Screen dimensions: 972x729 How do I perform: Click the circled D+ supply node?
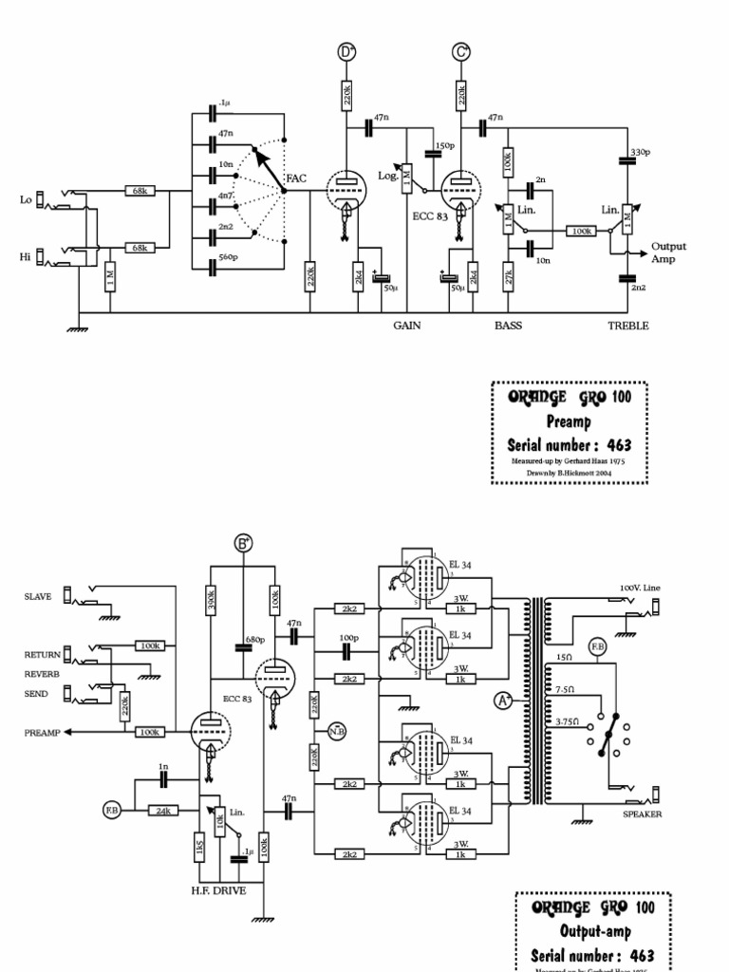click(346, 53)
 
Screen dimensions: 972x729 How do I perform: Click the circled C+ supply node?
click(461, 53)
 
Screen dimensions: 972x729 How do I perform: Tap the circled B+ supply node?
click(244, 543)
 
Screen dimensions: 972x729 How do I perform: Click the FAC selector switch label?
click(296, 178)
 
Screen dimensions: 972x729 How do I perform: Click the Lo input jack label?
click(26, 199)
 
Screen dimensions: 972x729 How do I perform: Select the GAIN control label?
click(407, 326)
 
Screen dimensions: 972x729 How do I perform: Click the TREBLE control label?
click(627, 326)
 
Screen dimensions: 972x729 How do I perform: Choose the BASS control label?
click(508, 326)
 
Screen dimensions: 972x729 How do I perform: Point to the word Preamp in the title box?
click(569, 420)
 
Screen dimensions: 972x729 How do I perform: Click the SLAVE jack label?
click(39, 596)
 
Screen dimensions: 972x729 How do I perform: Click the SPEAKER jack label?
click(642, 814)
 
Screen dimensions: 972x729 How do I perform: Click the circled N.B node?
click(336, 731)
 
